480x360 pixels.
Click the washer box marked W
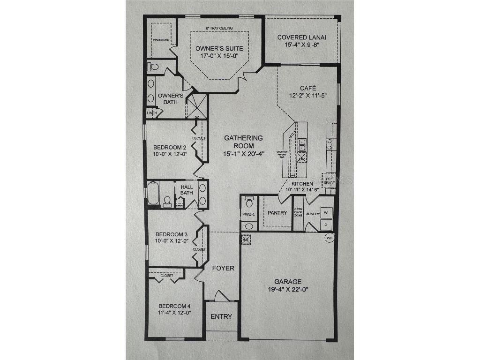pos(327,212)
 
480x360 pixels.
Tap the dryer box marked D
pos(327,225)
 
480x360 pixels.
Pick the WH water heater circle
pos(330,238)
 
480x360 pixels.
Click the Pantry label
pos(277,213)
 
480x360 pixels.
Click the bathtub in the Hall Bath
pos(153,193)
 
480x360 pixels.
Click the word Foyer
pos(224,268)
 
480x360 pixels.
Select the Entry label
pos(221,316)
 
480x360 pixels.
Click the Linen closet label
pos(151,113)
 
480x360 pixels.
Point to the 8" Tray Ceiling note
pos(219,29)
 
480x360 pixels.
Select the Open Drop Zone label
pos(297,212)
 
